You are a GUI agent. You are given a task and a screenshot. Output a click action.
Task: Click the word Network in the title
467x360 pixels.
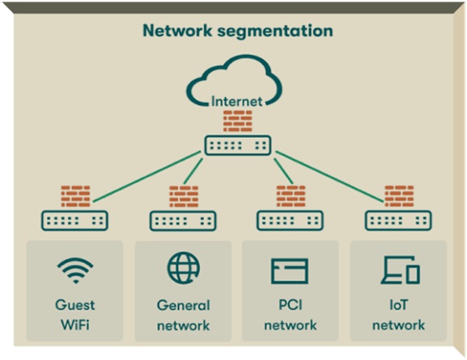177,31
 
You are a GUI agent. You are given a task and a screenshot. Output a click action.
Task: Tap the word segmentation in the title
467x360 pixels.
275,32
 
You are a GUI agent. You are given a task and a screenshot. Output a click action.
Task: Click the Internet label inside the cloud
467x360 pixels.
237,102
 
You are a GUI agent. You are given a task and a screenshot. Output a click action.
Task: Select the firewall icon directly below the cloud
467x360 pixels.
238,121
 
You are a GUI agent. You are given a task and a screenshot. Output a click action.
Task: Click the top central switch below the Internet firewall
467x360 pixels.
238,145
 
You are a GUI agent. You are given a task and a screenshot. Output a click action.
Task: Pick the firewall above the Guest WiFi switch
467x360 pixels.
75,196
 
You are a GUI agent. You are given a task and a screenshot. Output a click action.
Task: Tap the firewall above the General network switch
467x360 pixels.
184,196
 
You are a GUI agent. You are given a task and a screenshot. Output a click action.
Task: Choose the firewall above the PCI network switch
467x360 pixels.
291,196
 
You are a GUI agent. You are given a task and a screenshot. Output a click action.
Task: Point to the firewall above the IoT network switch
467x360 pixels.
399,196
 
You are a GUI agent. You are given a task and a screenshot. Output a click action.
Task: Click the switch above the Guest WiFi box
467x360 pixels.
74,220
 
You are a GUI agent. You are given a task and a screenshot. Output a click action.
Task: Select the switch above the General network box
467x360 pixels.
183,221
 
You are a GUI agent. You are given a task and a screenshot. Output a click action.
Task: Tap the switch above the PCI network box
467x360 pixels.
290,220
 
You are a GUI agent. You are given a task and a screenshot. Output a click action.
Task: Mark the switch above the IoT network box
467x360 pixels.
398,220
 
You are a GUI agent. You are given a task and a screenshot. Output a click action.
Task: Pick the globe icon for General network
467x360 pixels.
183,267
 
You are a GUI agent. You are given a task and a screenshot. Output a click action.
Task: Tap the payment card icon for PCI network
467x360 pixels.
290,271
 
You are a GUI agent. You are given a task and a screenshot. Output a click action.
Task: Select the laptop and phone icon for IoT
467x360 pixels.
400,270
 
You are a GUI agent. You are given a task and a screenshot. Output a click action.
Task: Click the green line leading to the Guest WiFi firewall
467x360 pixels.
147,177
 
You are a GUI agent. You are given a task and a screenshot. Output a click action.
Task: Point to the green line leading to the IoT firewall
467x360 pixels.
330,177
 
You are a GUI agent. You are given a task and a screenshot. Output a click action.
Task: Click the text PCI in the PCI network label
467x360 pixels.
290,305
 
